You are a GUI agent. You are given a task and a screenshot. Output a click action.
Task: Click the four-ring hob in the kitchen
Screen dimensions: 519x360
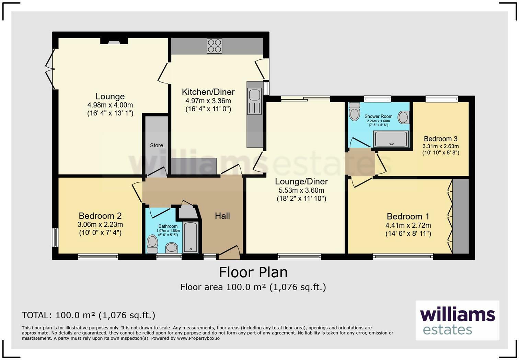215,46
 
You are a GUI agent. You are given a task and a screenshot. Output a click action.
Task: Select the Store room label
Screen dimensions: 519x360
157,145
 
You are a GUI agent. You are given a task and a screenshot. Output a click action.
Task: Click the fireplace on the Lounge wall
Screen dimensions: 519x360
114,41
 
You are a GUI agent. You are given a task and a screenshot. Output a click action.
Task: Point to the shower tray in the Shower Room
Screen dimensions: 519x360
391,139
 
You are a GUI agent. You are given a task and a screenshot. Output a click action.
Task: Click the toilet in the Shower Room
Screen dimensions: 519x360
355,111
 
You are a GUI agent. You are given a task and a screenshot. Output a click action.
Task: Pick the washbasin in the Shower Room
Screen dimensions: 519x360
404,117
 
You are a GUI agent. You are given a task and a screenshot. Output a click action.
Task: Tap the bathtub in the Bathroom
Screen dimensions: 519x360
191,237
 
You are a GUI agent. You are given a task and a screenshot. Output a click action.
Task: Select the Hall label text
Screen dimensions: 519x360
222,216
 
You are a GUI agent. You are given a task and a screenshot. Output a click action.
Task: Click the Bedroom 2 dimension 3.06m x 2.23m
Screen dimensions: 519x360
100,224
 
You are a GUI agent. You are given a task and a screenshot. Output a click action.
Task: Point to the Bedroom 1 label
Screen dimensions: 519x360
408,216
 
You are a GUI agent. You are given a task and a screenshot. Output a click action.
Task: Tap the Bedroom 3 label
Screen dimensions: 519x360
441,139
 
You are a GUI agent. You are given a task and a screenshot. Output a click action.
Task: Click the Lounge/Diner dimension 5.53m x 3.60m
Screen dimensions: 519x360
301,190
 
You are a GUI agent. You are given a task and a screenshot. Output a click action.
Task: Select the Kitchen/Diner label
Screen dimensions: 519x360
208,92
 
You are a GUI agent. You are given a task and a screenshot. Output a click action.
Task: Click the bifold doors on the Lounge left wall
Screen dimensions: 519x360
50,69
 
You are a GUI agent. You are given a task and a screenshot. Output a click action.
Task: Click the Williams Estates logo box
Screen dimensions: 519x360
457,320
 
